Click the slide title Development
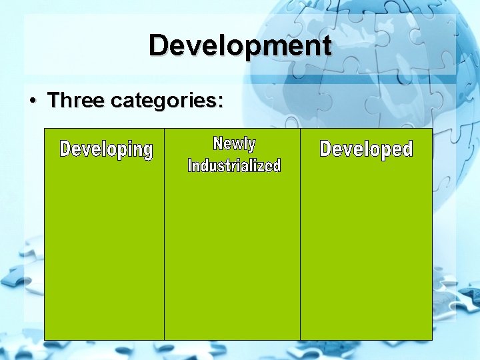click(x=240, y=45)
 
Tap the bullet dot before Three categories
click(x=33, y=101)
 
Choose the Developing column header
click(x=106, y=150)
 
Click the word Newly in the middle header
click(x=234, y=144)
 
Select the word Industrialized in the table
click(x=234, y=165)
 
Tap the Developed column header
click(x=366, y=149)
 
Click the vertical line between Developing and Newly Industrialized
click(x=165, y=234)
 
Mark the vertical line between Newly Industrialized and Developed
click(x=300, y=234)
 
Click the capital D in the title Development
click(x=160, y=45)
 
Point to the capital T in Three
click(x=55, y=99)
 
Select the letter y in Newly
click(x=251, y=146)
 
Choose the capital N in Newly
click(x=217, y=143)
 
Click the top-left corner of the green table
click(x=45, y=129)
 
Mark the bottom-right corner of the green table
click(x=432, y=340)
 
